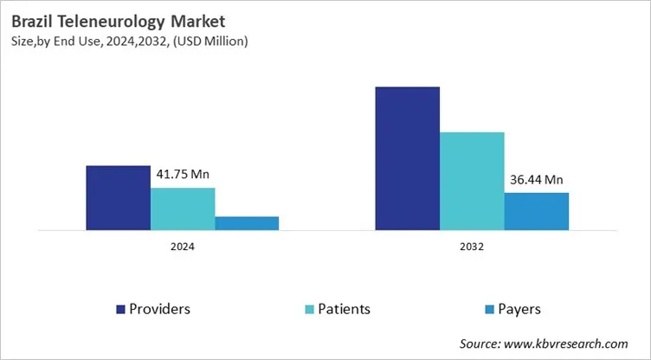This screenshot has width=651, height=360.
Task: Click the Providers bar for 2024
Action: tap(118, 197)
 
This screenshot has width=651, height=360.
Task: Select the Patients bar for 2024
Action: tap(183, 209)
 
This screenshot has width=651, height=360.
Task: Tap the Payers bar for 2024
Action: tap(247, 223)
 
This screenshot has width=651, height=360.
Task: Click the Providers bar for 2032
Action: tap(407, 158)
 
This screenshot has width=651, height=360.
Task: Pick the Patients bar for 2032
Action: tap(472, 181)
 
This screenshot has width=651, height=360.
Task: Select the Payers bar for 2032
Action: tap(537, 211)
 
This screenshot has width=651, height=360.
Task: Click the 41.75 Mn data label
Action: tap(183, 174)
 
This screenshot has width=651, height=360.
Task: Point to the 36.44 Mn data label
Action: tap(537, 180)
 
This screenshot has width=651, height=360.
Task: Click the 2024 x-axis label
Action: tap(182, 247)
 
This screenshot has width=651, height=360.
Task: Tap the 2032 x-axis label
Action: tap(472, 247)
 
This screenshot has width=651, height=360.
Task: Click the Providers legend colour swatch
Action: tap(120, 309)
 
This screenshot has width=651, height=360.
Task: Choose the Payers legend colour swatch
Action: tap(489, 309)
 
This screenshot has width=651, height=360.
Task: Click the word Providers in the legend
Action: tap(160, 309)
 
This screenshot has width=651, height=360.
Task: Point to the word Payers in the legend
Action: tap(519, 309)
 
